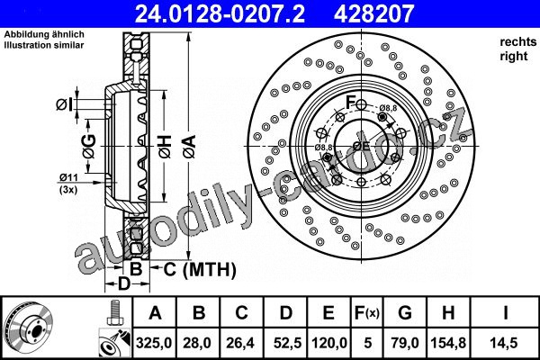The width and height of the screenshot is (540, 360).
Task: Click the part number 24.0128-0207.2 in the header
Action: [x=220, y=13]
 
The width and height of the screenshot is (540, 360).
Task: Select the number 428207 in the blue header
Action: [x=373, y=13]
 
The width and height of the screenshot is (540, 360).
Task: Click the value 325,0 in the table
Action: [x=154, y=343]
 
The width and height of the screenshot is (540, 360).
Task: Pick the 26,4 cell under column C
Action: [x=240, y=343]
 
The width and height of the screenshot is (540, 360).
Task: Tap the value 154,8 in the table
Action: [x=448, y=343]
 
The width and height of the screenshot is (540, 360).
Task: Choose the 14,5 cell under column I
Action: [x=505, y=343]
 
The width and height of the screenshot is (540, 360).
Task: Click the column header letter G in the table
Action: [x=405, y=313]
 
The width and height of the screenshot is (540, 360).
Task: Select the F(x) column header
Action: [x=367, y=313]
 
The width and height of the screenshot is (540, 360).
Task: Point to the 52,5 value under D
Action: [x=287, y=343]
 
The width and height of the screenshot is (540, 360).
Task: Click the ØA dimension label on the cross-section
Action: [x=189, y=147]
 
